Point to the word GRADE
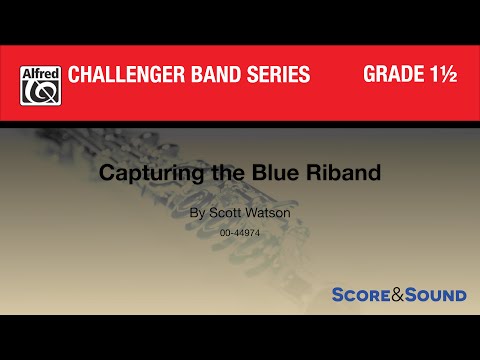393,76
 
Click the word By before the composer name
195,213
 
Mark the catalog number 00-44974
240,232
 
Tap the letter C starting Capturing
133,172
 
